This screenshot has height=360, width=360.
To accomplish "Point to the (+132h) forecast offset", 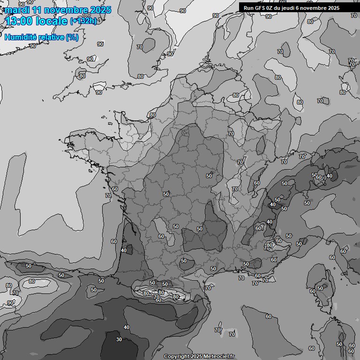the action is (83, 21).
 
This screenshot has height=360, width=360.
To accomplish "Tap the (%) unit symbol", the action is (72, 37).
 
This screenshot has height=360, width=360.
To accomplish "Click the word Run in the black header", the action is (248, 8).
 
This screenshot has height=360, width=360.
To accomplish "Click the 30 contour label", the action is (119, 340).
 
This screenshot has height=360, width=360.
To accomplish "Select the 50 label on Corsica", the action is (321, 288).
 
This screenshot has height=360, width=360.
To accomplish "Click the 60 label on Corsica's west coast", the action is (313, 292).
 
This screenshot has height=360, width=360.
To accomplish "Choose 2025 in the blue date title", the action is (100, 10).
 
